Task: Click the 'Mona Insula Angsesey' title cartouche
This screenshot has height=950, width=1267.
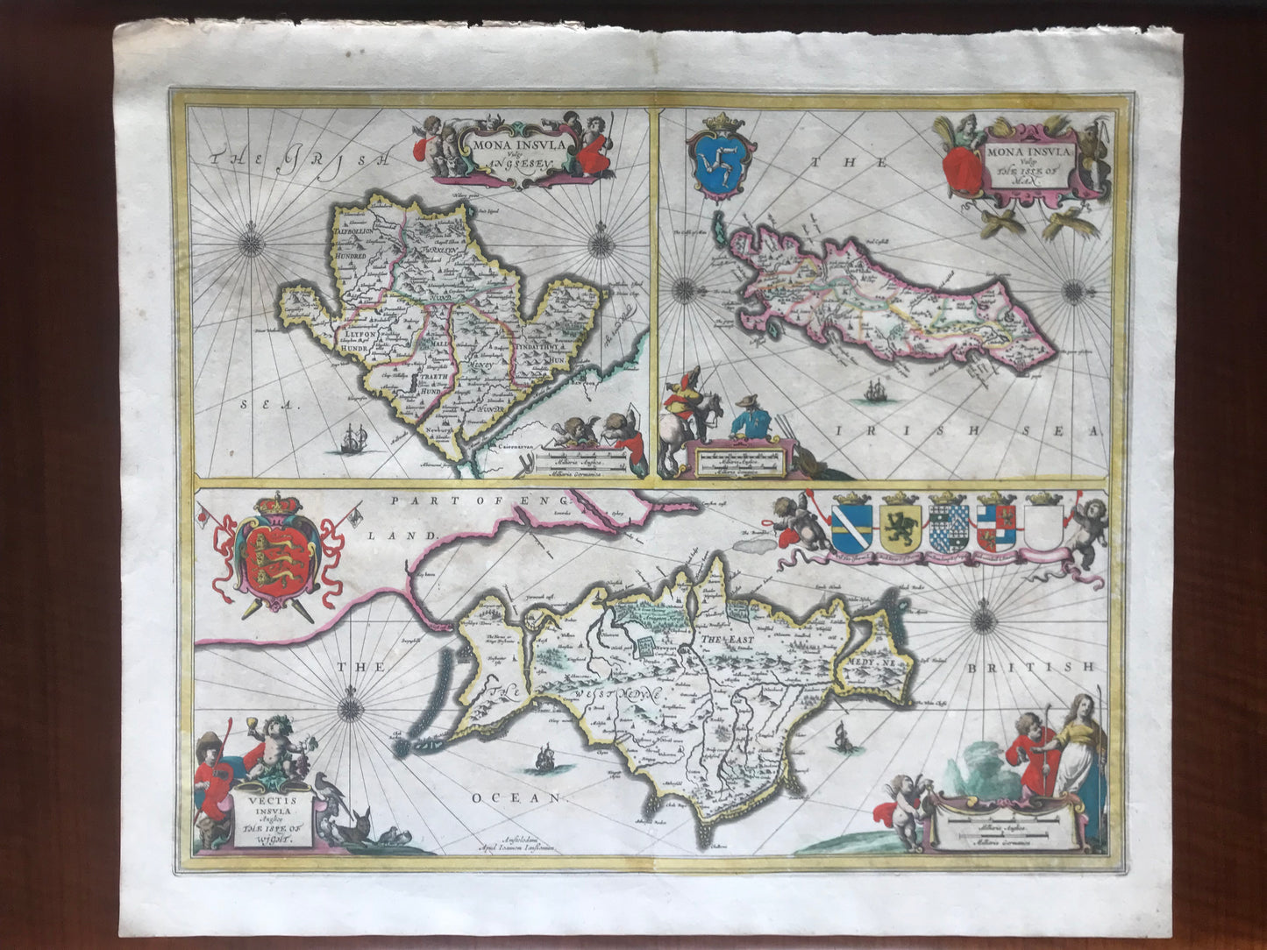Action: (520, 154)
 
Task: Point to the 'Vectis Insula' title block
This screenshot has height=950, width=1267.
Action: (260, 812)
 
